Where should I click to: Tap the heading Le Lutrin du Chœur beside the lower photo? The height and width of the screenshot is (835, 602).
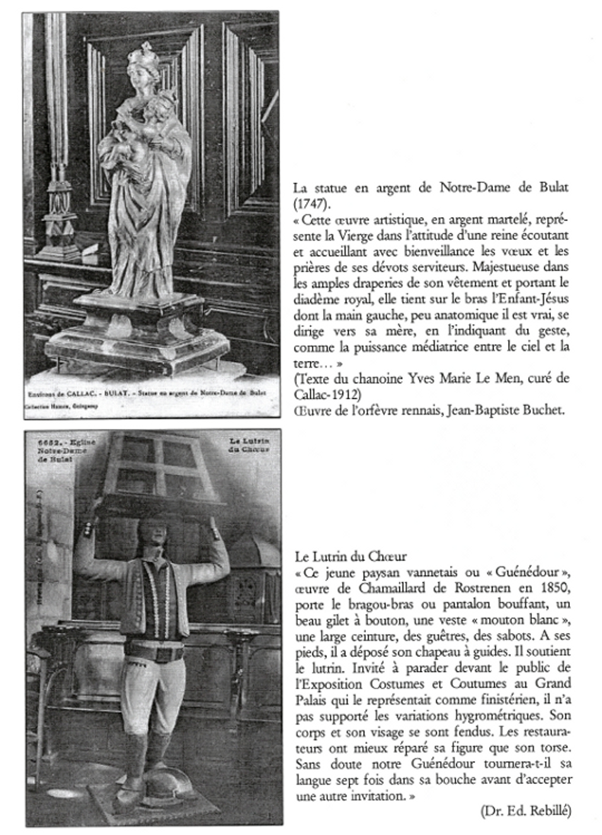[x=350, y=556]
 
